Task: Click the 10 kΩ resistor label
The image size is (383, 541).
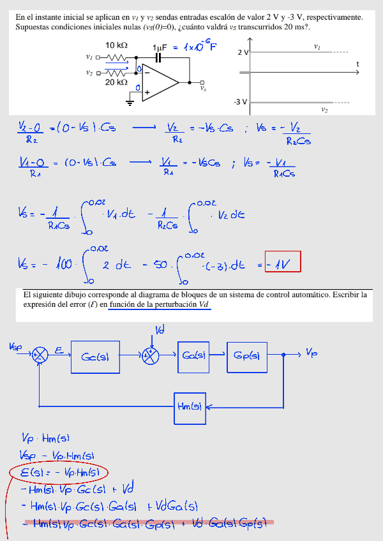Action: coord(116,45)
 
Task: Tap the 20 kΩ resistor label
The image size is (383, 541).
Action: coord(116,82)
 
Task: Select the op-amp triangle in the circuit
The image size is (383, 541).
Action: coord(160,82)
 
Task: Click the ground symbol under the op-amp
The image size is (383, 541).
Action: coord(130,100)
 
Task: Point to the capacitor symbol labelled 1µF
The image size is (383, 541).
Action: coord(160,57)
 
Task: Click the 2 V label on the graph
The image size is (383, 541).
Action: coord(243,52)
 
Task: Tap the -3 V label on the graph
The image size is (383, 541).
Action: coord(240,102)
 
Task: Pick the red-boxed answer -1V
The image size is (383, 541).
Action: coord(282,263)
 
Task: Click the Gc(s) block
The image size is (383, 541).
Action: coord(95,357)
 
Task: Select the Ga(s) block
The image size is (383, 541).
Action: coord(193,355)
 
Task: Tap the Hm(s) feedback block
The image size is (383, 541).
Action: coord(190,408)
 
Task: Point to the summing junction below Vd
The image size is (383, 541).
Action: coord(151,356)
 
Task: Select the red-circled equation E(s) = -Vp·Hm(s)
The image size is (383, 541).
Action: coord(59,473)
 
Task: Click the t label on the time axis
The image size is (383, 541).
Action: coord(357,64)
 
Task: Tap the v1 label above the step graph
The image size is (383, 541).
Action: coord(317,47)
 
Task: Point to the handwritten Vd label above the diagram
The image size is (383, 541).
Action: coord(160,329)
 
